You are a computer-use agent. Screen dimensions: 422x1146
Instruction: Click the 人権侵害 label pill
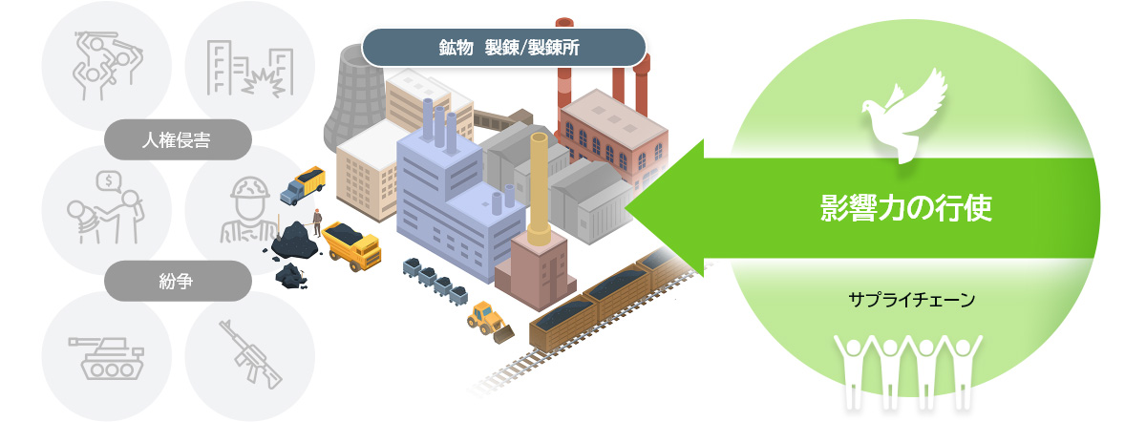point(179,139)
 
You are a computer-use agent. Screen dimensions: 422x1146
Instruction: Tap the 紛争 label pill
point(179,280)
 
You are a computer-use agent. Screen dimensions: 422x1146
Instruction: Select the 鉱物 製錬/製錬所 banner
point(504,46)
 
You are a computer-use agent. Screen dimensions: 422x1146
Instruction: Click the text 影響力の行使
point(906,207)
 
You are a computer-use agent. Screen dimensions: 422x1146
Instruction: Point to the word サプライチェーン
point(911,300)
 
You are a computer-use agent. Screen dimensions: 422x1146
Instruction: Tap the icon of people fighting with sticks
point(106,65)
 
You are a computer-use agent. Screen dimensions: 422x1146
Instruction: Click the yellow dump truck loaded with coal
point(351,245)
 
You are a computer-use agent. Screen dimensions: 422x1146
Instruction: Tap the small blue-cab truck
point(303,184)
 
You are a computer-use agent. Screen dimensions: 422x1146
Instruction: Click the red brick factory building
point(611,134)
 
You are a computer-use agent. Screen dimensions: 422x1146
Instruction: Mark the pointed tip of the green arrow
point(628,207)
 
